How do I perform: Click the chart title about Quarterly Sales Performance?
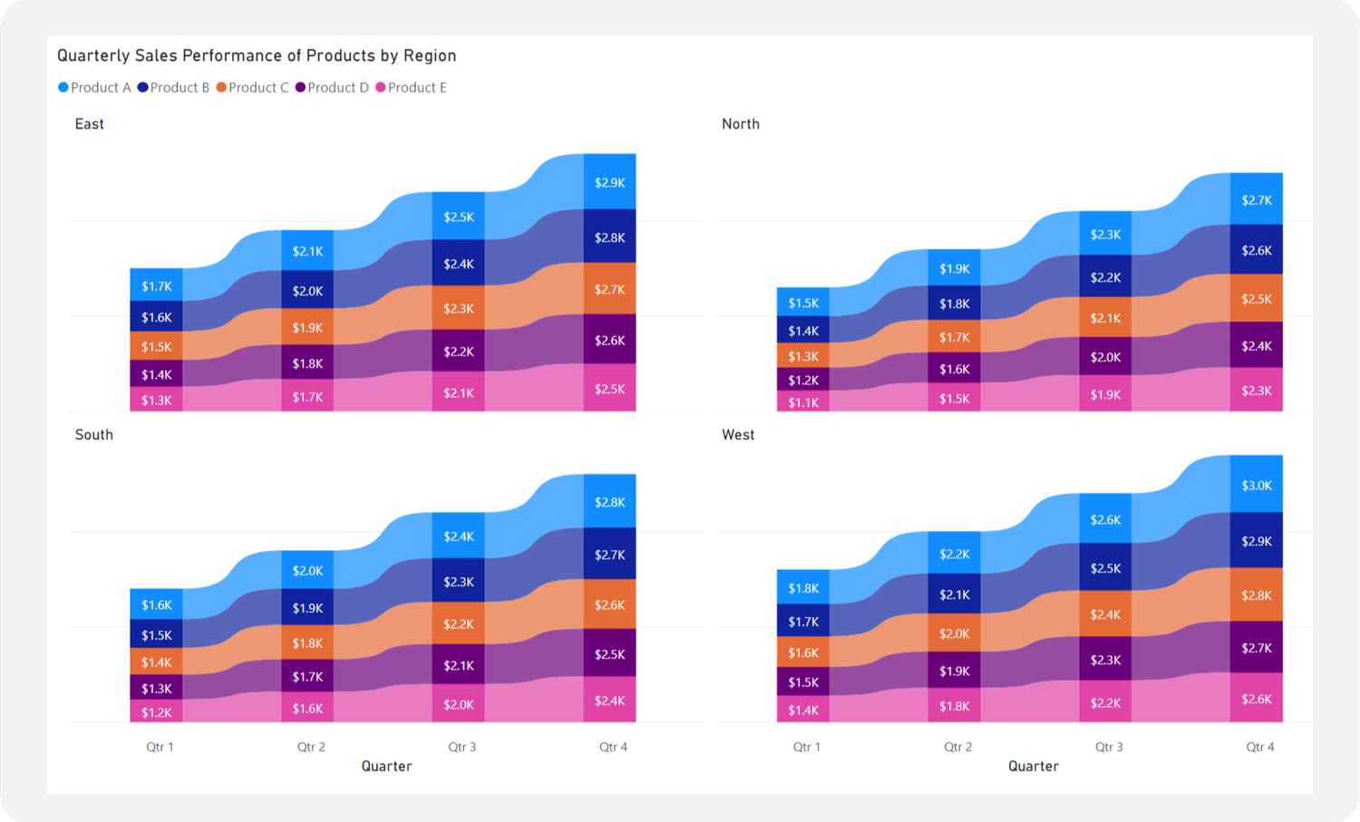[257, 55]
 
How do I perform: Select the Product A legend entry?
[95, 88]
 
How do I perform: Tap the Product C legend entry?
[253, 88]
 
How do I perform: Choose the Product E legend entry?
[412, 88]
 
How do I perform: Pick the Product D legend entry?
[332, 88]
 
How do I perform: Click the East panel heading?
[89, 124]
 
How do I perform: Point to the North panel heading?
[740, 124]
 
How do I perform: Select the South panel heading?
[93, 435]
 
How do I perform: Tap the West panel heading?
[737, 435]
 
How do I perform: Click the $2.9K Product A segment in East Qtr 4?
[609, 182]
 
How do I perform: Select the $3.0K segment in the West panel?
[1256, 485]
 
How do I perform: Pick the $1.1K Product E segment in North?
[803, 402]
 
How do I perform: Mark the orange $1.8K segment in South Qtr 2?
[307, 643]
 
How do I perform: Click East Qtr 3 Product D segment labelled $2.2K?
[458, 351]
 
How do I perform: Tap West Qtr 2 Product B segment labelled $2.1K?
[954, 595]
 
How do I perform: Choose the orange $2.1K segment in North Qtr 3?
[1105, 318]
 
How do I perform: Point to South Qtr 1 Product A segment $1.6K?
[156, 604]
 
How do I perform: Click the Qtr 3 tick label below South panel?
[461, 747]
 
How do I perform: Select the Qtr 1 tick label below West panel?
[806, 747]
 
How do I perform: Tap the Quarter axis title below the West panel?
[1033, 767]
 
